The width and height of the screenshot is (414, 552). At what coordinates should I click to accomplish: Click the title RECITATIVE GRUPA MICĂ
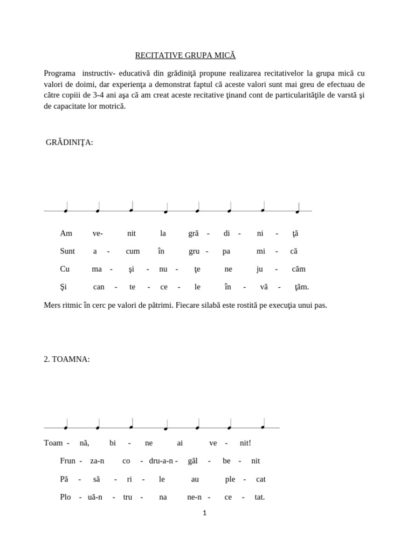pyautogui.click(x=185, y=56)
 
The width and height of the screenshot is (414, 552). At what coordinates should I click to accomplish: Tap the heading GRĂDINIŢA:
pyautogui.click(x=70, y=142)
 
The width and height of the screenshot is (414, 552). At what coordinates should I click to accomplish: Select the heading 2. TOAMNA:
pyautogui.click(x=67, y=360)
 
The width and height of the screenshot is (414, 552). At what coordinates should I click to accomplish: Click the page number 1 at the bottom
pyautogui.click(x=205, y=513)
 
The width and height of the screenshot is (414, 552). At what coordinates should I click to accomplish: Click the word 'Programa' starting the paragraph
pyautogui.click(x=59, y=73)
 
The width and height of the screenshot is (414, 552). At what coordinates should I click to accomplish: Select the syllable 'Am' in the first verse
pyautogui.click(x=66, y=233)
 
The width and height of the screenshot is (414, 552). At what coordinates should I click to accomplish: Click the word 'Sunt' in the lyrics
pyautogui.click(x=67, y=251)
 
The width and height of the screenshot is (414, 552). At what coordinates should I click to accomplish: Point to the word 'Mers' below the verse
pyautogui.click(x=52, y=305)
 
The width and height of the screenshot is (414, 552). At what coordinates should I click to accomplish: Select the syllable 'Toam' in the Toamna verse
pyautogui.click(x=53, y=443)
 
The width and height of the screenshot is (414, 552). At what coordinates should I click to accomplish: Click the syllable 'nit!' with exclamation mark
pyautogui.click(x=245, y=443)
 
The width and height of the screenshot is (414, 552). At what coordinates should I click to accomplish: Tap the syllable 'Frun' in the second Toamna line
pyautogui.click(x=68, y=461)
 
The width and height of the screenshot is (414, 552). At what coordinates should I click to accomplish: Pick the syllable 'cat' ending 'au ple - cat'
pyautogui.click(x=260, y=479)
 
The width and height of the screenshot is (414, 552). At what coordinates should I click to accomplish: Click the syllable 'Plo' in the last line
pyautogui.click(x=66, y=497)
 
